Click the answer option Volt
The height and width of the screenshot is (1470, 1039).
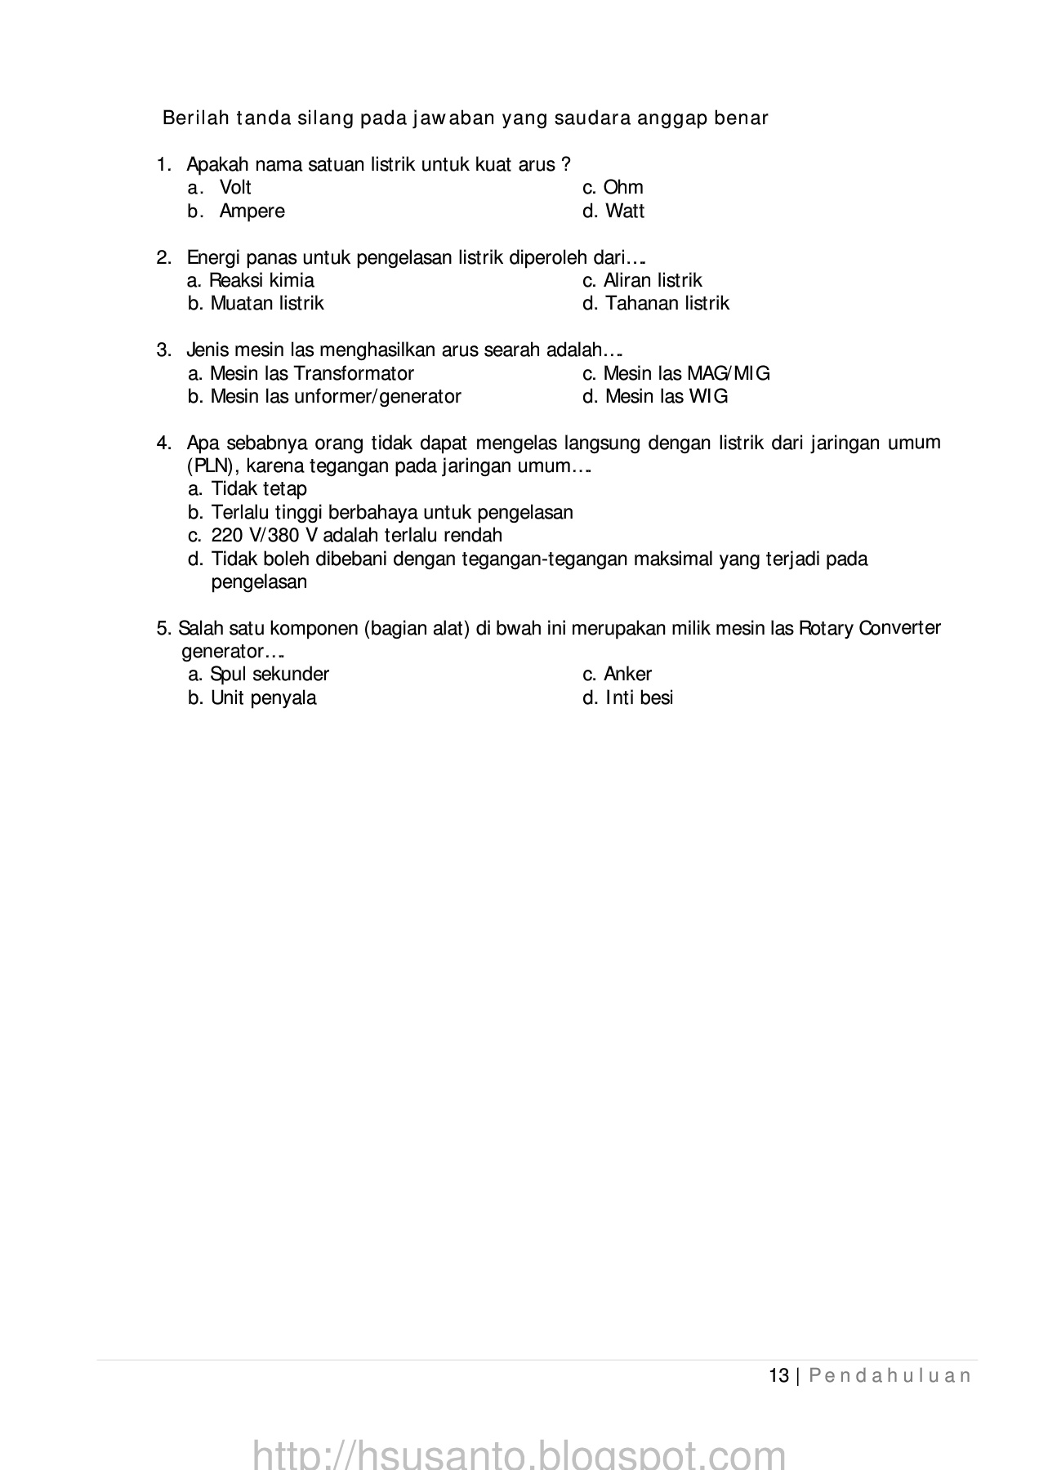click(x=235, y=188)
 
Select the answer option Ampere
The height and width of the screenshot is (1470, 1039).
click(x=252, y=212)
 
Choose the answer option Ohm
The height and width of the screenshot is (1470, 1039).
click(x=623, y=188)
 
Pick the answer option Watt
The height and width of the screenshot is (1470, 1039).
click(x=625, y=212)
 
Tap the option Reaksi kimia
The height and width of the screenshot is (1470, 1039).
click(x=261, y=281)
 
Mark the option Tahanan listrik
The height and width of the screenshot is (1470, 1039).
click(x=667, y=304)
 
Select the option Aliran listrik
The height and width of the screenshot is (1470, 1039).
click(x=653, y=281)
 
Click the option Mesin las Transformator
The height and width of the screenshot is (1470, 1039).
click(x=311, y=374)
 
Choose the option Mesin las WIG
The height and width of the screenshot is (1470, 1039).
click(x=666, y=397)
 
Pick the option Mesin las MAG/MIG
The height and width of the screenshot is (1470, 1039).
click(x=686, y=374)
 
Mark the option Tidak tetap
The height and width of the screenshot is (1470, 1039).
click(x=259, y=489)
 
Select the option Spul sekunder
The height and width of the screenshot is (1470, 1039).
click(x=270, y=675)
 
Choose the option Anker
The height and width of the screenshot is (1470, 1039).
click(x=627, y=675)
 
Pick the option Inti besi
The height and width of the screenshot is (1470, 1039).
click(x=639, y=698)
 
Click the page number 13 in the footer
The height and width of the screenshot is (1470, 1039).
click(x=778, y=1376)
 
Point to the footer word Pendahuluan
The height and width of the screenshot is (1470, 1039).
click(x=890, y=1376)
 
